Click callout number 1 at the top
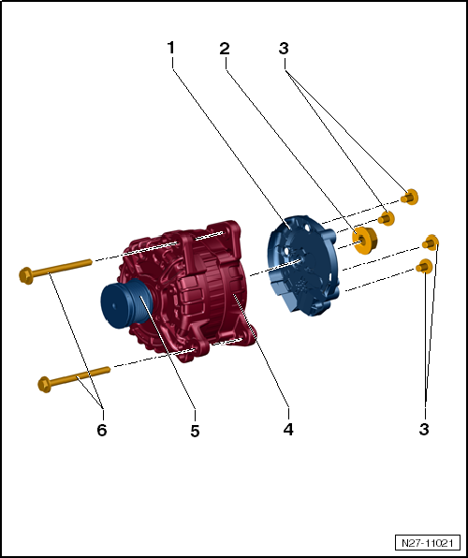[171, 48]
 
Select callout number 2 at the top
[225, 49]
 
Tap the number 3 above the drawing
[284, 49]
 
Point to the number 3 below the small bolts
[424, 429]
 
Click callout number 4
[288, 429]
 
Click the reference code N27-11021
[427, 543]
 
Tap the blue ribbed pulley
[126, 303]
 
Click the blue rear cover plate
[302, 265]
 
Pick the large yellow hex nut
[364, 241]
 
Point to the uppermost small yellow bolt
[409, 198]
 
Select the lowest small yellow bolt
[424, 266]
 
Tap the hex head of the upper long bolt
[25, 276]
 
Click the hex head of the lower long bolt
[44, 385]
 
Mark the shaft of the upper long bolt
[63, 268]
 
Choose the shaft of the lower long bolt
[80, 376]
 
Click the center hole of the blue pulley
[113, 305]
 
